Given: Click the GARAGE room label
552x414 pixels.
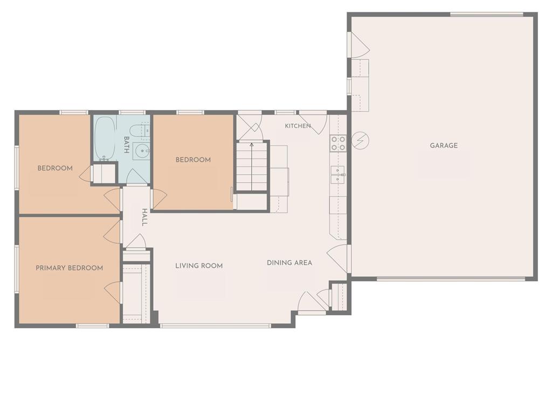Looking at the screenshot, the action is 444,146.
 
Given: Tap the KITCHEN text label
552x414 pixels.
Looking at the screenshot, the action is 298,126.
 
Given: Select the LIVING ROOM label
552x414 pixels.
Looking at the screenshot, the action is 199,266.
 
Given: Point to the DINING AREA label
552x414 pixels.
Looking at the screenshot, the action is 289,263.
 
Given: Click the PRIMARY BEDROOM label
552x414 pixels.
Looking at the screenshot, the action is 70,268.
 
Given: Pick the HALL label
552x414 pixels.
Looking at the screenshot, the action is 144,217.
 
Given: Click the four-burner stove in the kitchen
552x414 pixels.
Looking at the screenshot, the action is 338,143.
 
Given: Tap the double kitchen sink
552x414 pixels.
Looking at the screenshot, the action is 337,175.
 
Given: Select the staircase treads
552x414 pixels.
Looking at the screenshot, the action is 251,166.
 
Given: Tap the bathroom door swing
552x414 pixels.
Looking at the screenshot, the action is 137,176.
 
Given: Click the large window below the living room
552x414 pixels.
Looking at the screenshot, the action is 216,326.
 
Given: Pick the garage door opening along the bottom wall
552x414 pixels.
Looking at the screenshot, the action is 451,279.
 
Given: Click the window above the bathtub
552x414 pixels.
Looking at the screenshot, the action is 132,112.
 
